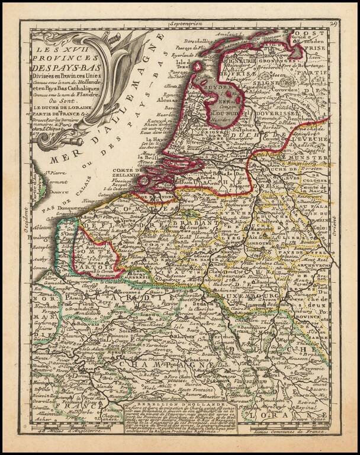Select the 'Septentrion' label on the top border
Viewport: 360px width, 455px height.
[185, 24]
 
